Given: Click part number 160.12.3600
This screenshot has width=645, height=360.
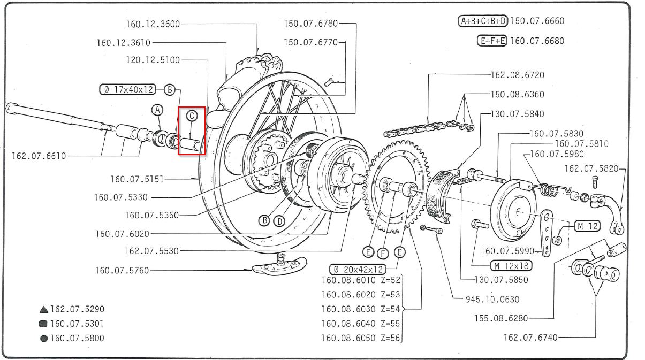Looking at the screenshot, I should tap(153, 24).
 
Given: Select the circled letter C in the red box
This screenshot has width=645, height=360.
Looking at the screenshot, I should tap(192, 115).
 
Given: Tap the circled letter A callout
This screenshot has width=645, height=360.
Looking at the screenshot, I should tap(157, 110).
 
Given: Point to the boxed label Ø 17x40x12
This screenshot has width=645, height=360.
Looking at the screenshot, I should tap(127, 90).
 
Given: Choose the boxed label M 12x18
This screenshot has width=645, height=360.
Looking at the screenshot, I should tap(512, 266).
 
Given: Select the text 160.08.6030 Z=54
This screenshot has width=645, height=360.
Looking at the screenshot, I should tap(361, 309).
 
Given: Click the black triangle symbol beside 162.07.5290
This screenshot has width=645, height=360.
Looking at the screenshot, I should tap(43, 310).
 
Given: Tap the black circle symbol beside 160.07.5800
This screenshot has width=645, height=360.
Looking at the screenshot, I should tap(43, 338).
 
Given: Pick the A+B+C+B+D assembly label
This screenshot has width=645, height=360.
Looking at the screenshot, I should tap(483, 21).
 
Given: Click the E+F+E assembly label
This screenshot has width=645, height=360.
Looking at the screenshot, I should tap(491, 41).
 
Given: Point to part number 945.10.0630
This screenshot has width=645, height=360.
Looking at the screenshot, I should tap(492, 299).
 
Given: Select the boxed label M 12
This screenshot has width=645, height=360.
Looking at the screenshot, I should tap(587, 226).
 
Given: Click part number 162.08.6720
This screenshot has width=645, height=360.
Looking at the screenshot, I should tap(517, 75).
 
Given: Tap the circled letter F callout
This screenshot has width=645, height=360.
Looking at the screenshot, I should tap(382, 252).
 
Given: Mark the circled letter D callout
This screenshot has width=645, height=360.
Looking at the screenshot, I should tap(279, 220).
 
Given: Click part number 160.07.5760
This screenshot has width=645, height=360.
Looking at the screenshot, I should tap(122, 270).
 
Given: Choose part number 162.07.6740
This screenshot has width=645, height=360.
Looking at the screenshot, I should tap(530, 337).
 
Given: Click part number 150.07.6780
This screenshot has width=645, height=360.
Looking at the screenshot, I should tap(310, 23).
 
